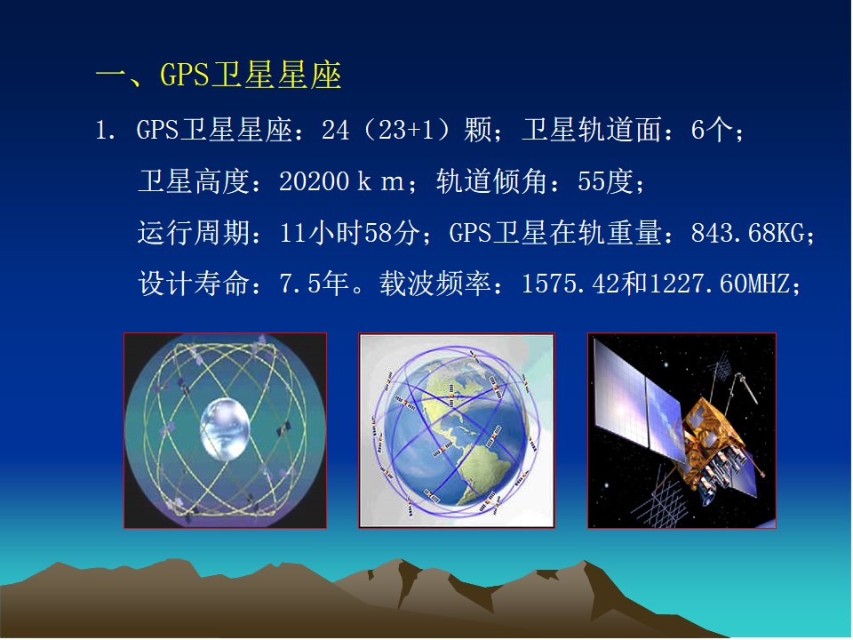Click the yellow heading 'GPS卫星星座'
click(251, 75)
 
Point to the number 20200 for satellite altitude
click(315, 181)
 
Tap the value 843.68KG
click(747, 233)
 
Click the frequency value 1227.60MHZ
click(719, 284)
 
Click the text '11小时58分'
click(349, 233)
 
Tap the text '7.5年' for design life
click(314, 284)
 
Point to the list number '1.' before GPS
click(105, 131)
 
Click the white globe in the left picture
click(225, 428)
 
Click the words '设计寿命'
click(194, 284)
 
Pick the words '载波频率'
click(435, 284)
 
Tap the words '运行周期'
click(194, 233)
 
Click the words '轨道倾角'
click(491, 181)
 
